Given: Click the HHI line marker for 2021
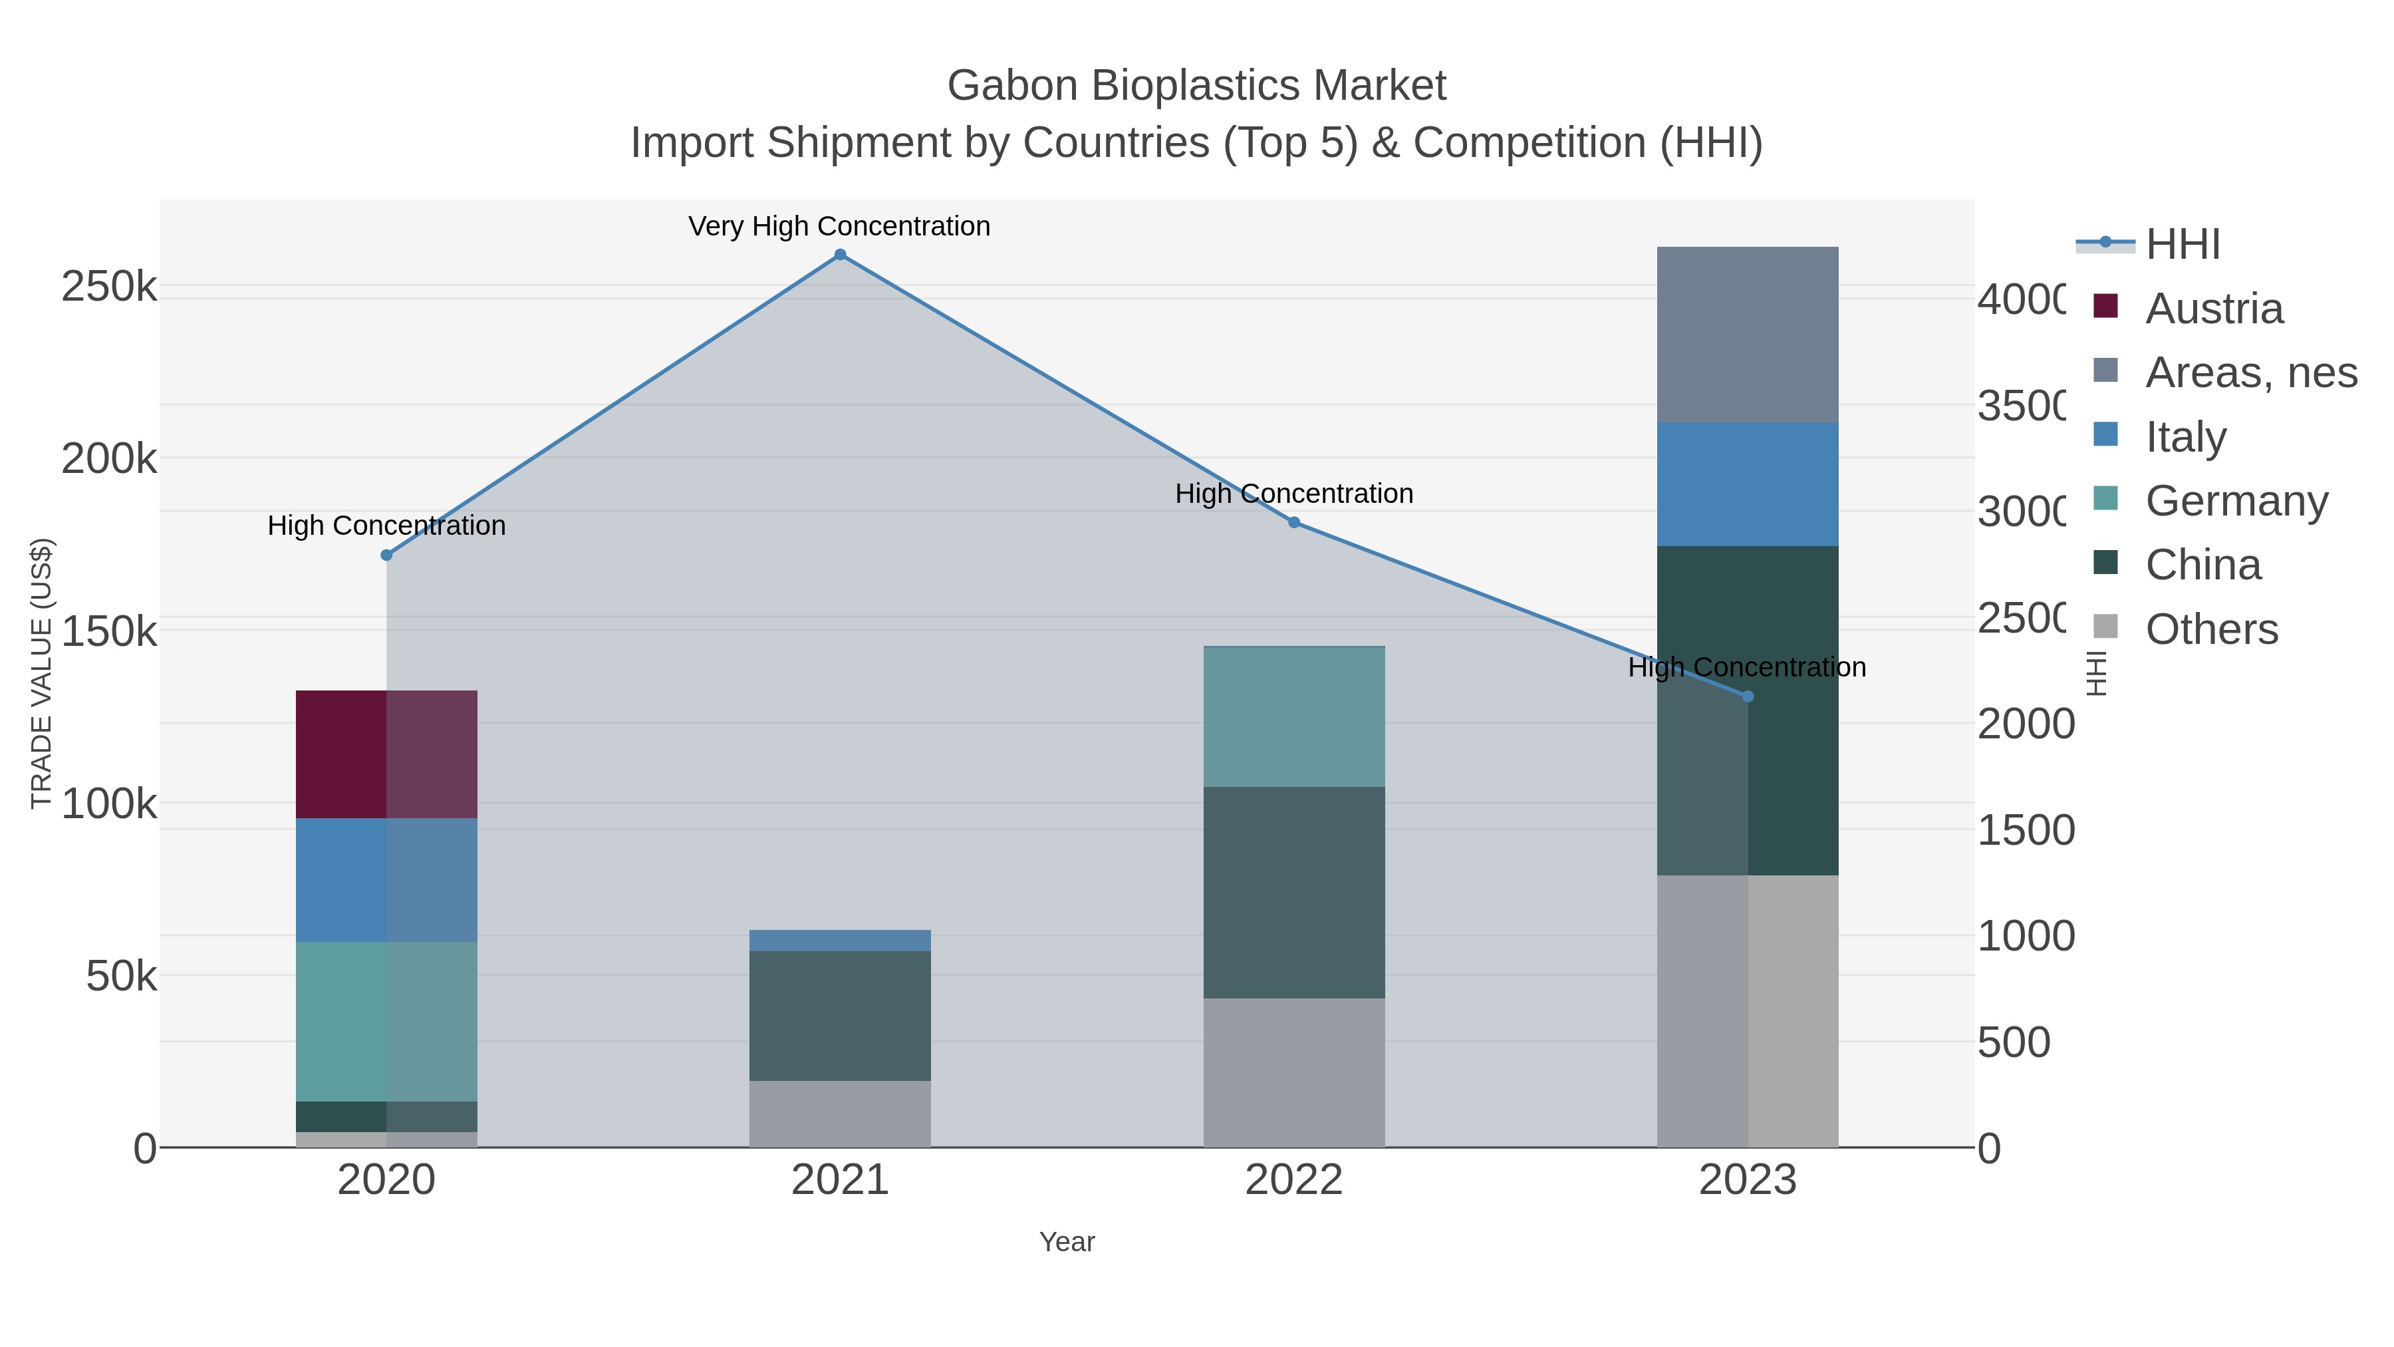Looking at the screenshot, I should (839, 255).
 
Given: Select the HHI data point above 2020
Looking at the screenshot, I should (386, 555).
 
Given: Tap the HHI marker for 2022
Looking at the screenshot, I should (1293, 522).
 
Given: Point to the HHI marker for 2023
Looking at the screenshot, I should (1747, 696).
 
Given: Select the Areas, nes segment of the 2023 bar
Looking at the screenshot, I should (1747, 335).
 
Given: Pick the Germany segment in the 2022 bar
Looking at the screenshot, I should (1293, 716).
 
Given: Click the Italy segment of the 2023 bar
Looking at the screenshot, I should (1747, 484).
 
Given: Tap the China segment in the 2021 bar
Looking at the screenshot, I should (839, 1015).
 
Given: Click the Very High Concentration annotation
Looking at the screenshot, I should (839, 227).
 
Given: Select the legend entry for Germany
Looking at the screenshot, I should (2236, 501).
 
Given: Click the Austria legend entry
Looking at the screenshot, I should (2212, 309).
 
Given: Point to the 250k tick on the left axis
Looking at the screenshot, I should (109, 286).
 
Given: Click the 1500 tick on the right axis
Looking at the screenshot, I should (2025, 830).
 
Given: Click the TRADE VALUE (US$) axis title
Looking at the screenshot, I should (42, 673).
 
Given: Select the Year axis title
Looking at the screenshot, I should (1067, 1242).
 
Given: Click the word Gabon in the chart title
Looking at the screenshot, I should (1013, 86).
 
